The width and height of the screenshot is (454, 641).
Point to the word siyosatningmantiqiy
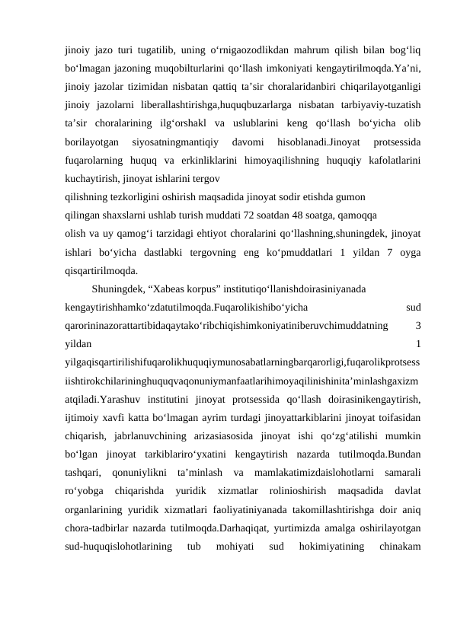[x=173, y=142]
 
